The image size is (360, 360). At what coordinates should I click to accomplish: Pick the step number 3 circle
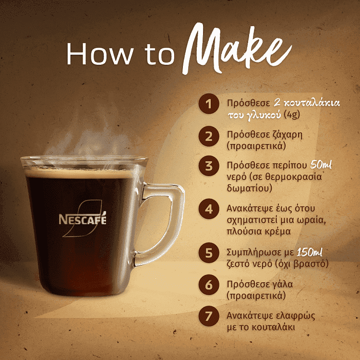(208, 166)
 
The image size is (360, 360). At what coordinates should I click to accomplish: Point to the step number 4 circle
(208, 210)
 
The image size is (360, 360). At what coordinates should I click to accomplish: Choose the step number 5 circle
(208, 253)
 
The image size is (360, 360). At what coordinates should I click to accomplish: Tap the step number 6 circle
(208, 285)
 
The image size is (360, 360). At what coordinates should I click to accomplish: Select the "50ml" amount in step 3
(324, 165)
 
